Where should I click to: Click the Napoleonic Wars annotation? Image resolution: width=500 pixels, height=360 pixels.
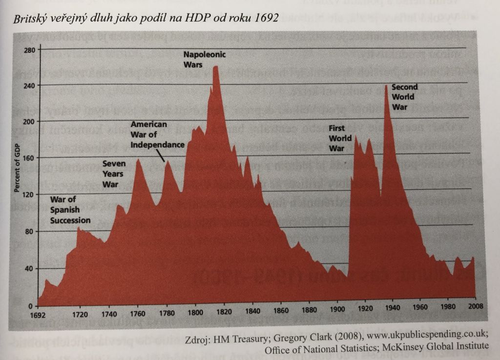pyautogui.click(x=205, y=59)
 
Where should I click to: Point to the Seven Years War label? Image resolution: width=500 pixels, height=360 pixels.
pyautogui.click(x=114, y=174)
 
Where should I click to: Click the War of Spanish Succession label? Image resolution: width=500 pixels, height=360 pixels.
pyautogui.click(x=70, y=210)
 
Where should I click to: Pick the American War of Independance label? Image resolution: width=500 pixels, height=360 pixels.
pyautogui.click(x=157, y=134)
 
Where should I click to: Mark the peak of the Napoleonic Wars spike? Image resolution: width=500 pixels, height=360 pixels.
pyautogui.click(x=215, y=66)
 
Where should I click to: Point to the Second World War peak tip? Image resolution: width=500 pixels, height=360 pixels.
pyautogui.click(x=386, y=86)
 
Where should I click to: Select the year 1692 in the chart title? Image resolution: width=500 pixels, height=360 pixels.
pyautogui.click(x=265, y=20)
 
